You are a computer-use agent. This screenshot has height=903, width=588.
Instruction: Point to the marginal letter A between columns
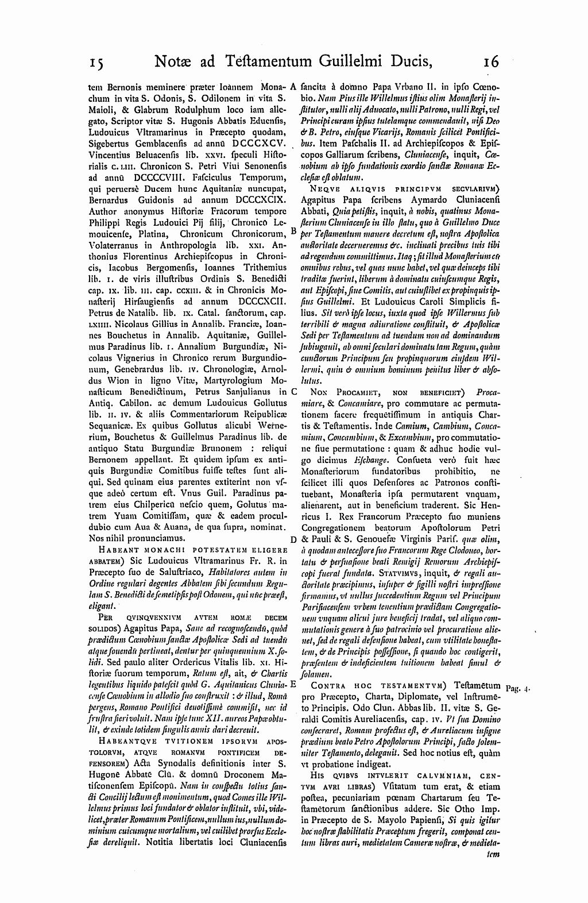coord(293,87)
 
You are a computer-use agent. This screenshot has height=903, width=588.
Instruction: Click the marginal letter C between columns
coord(293,392)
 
